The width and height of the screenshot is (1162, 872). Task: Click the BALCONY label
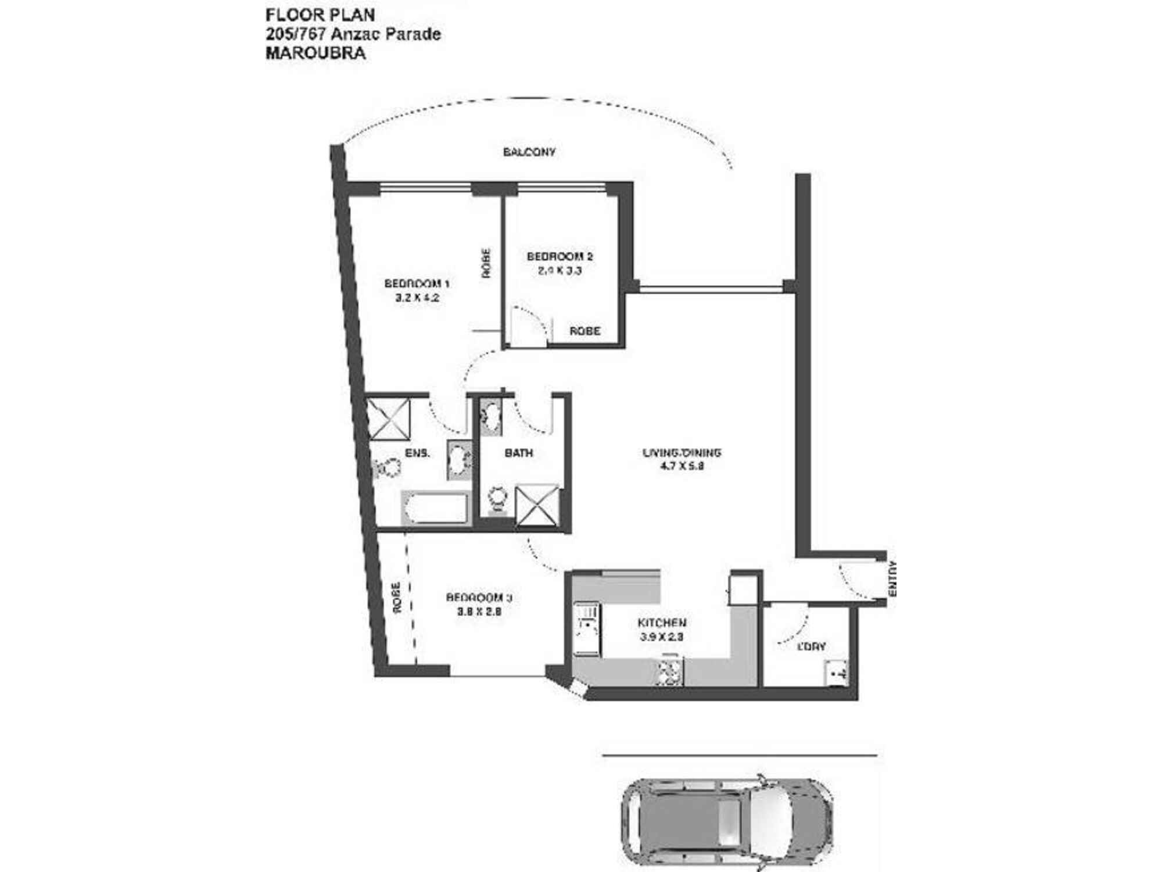tap(529, 152)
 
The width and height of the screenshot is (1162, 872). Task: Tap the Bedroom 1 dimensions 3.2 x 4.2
tap(417, 298)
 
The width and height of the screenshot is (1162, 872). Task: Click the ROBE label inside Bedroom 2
tap(584, 331)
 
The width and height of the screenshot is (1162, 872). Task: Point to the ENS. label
tap(417, 453)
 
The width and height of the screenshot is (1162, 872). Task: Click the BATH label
tap(518, 453)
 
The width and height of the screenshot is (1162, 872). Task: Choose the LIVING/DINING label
tap(682, 452)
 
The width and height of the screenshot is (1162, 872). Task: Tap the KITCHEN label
tap(662, 623)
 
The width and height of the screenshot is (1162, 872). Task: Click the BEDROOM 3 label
tap(479, 598)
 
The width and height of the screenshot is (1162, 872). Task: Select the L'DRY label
tap(811, 646)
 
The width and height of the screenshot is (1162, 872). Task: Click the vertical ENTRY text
tap(893, 578)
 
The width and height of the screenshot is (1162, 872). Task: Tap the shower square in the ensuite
tap(389, 419)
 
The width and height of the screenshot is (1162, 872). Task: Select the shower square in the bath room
tap(537, 506)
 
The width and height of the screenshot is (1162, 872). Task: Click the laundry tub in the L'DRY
tap(835, 674)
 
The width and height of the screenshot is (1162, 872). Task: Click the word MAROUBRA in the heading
tap(315, 53)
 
